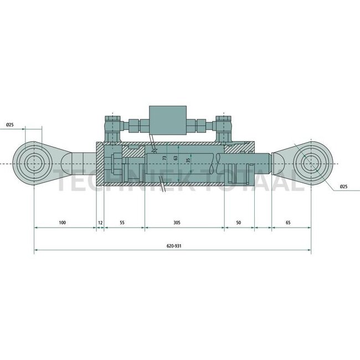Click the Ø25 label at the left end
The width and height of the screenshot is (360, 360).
click(10, 125)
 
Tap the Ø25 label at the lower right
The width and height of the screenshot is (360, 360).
click(343, 187)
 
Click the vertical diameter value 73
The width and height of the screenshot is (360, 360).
click(164, 158)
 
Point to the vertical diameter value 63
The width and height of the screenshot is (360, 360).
click(176, 158)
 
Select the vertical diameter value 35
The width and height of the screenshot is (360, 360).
click(188, 160)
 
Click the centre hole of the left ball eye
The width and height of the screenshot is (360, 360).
click(34, 163)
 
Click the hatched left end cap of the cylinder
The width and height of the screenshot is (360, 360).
click(100, 164)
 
